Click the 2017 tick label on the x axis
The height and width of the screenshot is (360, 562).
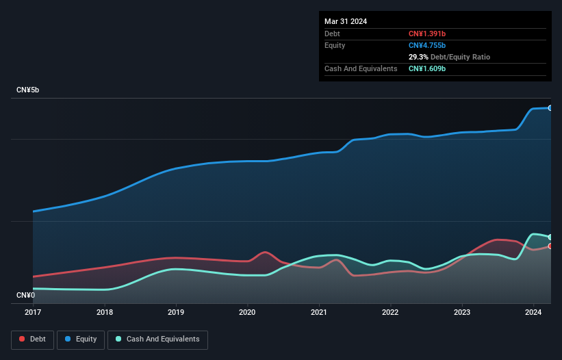pos(33,312)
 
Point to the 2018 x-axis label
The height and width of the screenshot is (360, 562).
pos(105,312)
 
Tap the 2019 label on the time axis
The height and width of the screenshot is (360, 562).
pos(176,312)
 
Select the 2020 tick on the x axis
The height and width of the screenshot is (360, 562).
pos(247,312)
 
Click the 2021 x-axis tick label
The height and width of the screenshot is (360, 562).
pos(319,312)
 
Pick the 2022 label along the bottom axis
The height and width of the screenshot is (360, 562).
pos(390,312)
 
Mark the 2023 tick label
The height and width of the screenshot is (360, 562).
pos(462,312)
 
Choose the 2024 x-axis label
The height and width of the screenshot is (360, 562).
pos(533,312)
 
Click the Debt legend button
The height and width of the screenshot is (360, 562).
pos(32,339)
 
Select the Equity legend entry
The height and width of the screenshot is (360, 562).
pos(81,339)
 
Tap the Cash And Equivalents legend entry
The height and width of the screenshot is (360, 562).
pos(157,339)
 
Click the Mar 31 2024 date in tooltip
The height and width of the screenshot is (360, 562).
pos(346,21)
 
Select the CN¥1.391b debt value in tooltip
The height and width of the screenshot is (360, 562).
pos(427,34)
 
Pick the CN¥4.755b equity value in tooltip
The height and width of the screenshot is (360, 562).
pos(427,45)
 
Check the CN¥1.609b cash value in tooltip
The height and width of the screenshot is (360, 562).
pos(427,68)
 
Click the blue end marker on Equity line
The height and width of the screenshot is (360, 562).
pos(550,108)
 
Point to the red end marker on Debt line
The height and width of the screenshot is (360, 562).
pos(550,246)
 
